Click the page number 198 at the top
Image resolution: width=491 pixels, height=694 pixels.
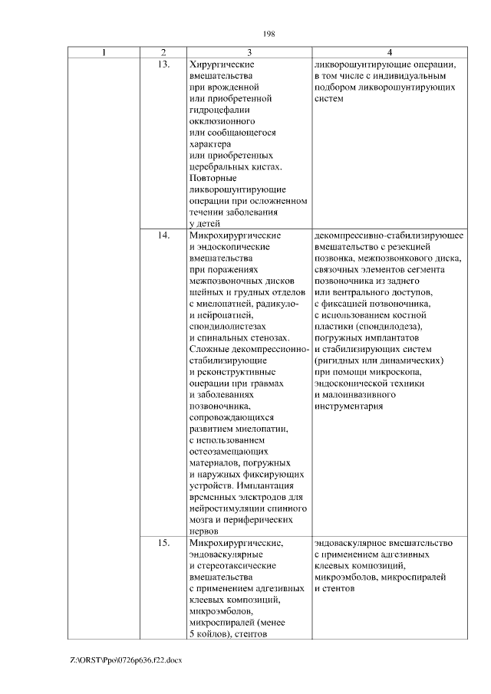[x=269, y=33]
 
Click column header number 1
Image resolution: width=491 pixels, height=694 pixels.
[x=104, y=52]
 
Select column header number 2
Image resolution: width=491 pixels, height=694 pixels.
[x=163, y=52]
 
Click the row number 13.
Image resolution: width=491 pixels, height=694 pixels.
[x=163, y=64]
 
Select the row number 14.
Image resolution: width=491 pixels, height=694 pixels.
[x=163, y=235]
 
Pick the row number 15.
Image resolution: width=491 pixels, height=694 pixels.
[x=163, y=543]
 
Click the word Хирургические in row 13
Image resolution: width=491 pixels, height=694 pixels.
[x=221, y=64]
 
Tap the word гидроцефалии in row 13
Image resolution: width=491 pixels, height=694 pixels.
[x=217, y=110]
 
